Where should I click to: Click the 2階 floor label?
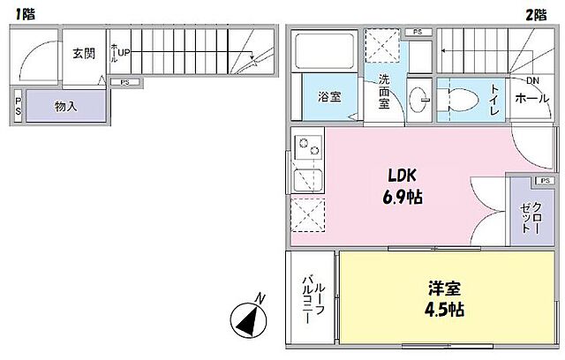(x=536, y=13)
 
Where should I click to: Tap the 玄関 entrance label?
(x=85, y=52)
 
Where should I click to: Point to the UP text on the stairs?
(x=124, y=53)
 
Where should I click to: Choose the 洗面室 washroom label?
(x=385, y=91)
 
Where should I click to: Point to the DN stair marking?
(x=532, y=81)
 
